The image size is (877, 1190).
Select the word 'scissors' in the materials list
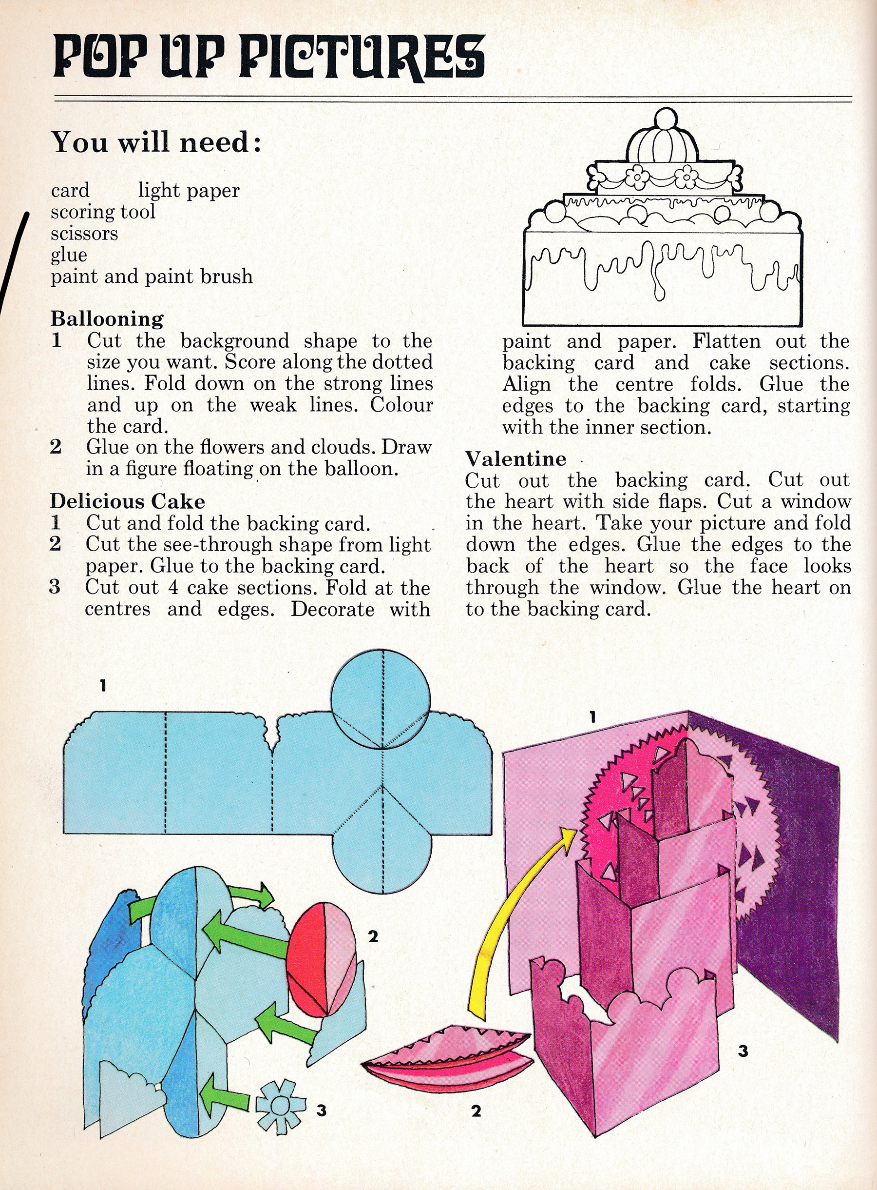tap(84, 233)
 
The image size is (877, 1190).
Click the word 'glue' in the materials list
tap(69, 255)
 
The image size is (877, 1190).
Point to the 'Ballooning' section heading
tap(107, 319)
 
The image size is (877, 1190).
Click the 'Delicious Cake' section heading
tap(128, 501)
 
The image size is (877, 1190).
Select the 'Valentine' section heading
tap(516, 458)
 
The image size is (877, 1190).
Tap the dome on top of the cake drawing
tap(662, 141)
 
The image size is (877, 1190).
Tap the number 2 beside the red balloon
tap(373, 936)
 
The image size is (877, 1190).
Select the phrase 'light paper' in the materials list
tap(189, 190)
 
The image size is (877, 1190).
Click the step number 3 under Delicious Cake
tap(55, 587)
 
